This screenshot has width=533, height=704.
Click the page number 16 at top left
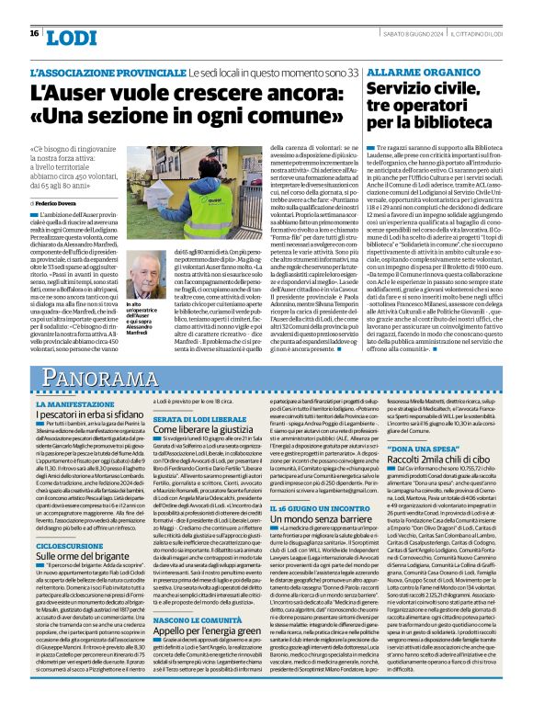33,34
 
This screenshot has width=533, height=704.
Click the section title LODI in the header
69,37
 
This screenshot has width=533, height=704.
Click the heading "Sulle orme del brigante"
88,557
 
